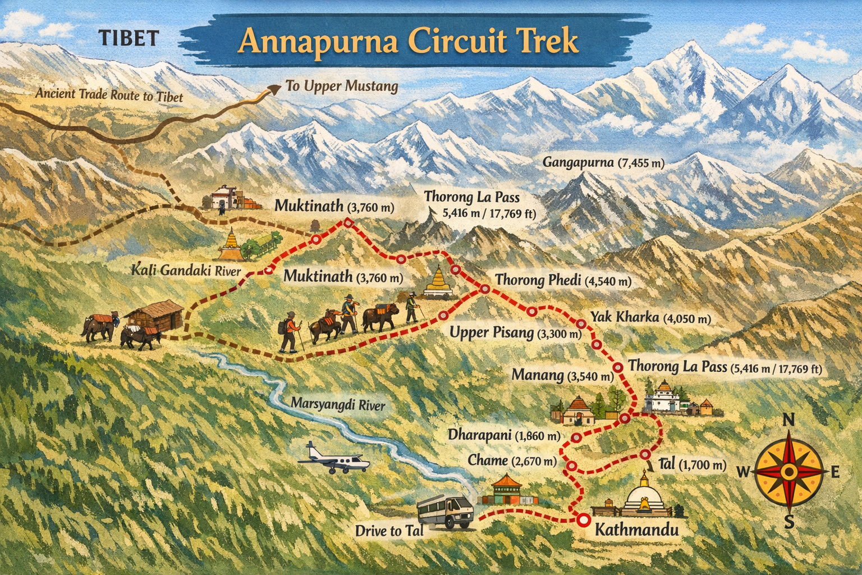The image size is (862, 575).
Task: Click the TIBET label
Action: coord(129,38)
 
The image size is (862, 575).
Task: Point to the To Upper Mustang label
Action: coord(342,86)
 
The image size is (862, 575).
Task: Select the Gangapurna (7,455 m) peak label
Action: coord(603,163)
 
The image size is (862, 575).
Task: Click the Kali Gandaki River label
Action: coord(186,271)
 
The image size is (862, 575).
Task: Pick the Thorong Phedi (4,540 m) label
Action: coord(563,280)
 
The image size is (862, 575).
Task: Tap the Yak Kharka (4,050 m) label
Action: coord(650,318)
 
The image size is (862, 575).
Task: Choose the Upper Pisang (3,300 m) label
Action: coord(515,333)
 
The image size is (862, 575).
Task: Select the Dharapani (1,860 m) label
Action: coord(504,435)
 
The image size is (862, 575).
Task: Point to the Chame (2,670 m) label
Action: coord(512,461)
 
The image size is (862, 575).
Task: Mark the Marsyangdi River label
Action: coord(338,404)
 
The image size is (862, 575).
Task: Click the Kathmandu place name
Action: coord(636,530)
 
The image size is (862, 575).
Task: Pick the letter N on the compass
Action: coord(788,420)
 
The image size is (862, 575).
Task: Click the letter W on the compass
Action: coord(742,472)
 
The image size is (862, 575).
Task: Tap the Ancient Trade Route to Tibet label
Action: coord(109,94)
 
